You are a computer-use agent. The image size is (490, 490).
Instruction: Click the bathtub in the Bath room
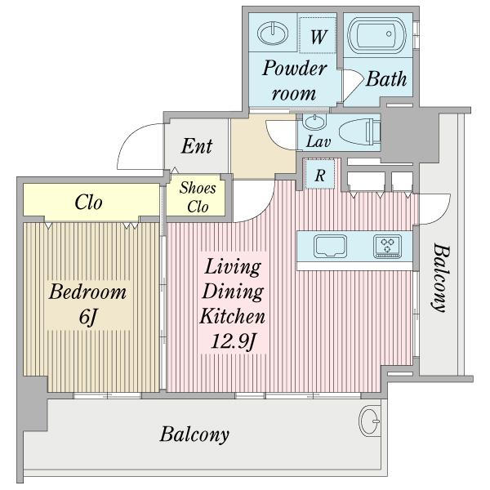pos(376,35)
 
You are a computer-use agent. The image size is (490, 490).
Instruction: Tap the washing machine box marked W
pos(318,35)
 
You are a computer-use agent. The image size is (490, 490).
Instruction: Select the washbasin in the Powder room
pos(273,33)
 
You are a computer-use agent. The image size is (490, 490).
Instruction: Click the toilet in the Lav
pos(359,131)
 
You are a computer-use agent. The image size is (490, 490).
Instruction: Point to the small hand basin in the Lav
pos(314,121)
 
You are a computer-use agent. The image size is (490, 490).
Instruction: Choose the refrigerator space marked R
pos(319,175)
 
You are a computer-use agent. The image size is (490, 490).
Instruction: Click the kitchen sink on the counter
pos(330,247)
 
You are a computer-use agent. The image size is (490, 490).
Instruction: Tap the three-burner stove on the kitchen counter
pos(387,247)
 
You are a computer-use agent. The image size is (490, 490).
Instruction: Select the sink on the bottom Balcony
pos(370,421)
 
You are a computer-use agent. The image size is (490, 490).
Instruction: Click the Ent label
pos(197,146)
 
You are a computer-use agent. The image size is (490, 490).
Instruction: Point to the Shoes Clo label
pos(198,197)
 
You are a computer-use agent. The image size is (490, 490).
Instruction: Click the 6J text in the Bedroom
pos(88,318)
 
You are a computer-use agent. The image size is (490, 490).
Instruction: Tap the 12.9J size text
pos(234,341)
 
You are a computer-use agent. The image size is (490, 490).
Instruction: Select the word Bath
pos(386,78)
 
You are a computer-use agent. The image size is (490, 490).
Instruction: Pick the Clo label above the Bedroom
pos(88,203)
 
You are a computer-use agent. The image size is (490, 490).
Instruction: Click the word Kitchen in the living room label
pos(233,316)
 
